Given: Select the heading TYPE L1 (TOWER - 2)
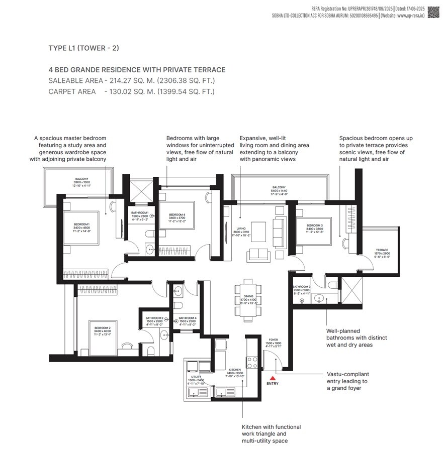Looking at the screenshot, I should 83,48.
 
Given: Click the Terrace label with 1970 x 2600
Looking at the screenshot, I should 385,253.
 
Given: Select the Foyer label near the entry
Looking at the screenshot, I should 273,343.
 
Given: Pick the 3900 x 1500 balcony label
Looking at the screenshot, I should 81,182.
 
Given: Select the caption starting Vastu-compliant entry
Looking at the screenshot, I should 347,381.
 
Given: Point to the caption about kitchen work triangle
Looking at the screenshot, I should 272,433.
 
